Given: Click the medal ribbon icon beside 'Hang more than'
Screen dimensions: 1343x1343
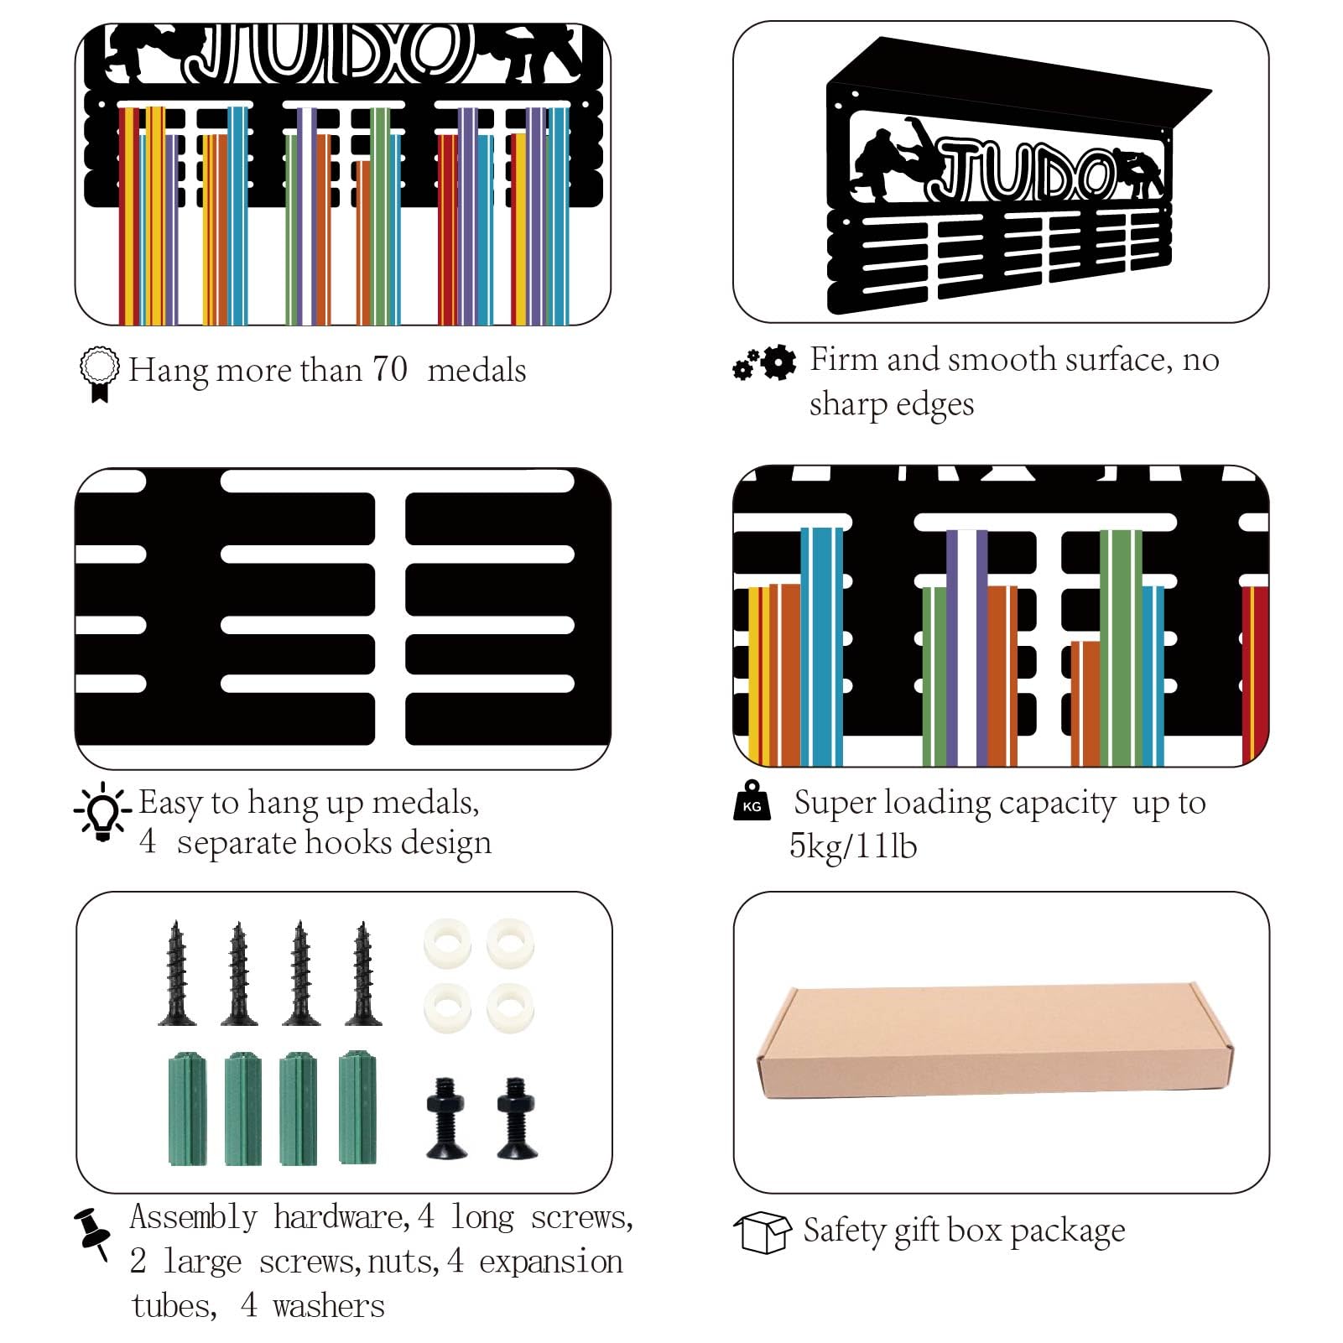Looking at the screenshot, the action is [x=100, y=374].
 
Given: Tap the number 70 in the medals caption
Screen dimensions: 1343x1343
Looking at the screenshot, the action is [x=390, y=369].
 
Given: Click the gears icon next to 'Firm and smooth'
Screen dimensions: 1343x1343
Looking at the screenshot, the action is [x=764, y=362].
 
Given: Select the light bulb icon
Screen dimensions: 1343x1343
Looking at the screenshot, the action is [x=102, y=811].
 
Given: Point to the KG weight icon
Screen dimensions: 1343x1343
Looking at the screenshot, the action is [x=752, y=800].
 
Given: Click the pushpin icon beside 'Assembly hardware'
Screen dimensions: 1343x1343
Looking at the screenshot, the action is [x=92, y=1233].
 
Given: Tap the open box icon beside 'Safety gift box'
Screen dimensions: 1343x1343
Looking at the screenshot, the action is [x=763, y=1232].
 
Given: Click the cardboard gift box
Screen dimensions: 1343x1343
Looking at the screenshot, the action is [x=995, y=1043].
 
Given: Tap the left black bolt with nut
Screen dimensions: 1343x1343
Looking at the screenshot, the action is [x=447, y=1117].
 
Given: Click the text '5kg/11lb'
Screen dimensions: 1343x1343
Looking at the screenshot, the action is [x=853, y=846].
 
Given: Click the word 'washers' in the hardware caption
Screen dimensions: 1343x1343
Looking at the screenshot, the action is [x=329, y=1306].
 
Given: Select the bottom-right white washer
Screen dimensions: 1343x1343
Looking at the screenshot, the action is [x=510, y=1007].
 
